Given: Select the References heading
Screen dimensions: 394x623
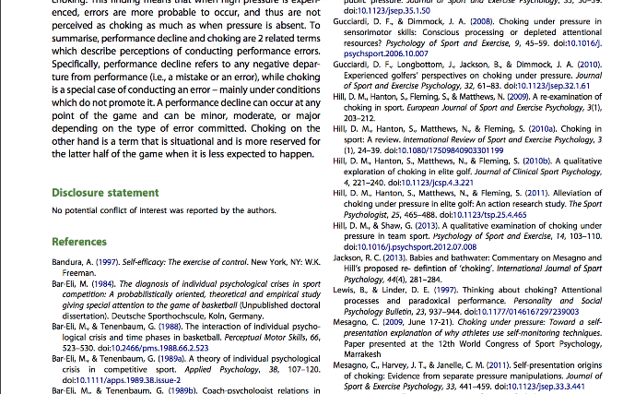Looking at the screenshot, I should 79,242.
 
